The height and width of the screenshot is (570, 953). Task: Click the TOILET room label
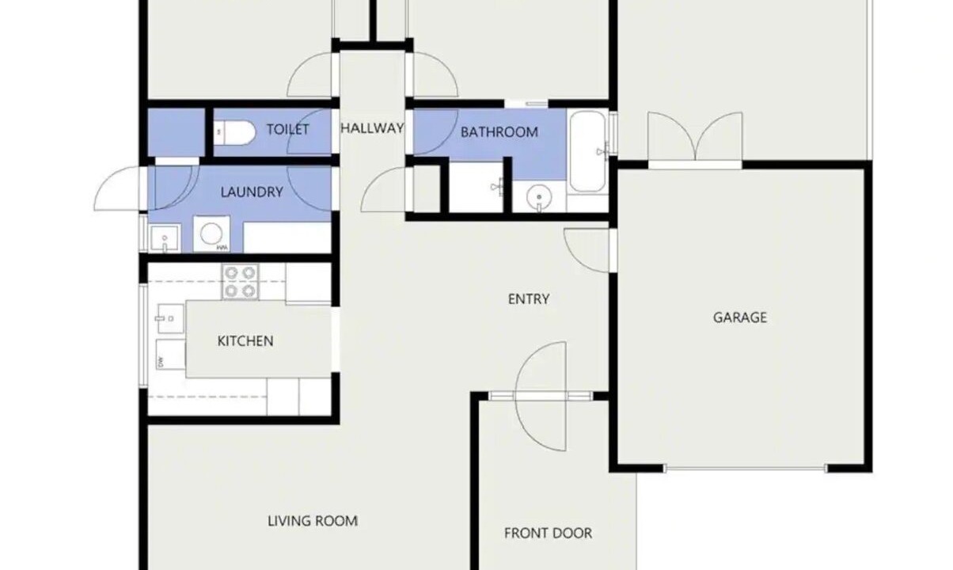287,129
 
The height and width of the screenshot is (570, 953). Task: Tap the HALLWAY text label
372,128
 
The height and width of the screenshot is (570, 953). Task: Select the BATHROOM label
499,132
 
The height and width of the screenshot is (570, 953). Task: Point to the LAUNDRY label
252,192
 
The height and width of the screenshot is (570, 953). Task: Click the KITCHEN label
245,340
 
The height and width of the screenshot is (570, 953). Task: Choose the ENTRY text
529,299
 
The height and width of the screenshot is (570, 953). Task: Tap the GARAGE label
740,317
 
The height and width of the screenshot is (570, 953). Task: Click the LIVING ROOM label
313,521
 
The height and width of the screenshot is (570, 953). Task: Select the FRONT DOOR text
548,533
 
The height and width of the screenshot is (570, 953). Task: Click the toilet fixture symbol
234,132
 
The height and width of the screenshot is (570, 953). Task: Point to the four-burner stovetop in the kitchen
240,282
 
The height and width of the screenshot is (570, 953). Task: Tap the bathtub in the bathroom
587,152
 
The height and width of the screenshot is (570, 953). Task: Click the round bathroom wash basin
540,197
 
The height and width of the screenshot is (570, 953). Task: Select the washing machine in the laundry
211,234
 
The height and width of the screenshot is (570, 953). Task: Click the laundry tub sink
165,238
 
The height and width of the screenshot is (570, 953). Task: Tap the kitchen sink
171,318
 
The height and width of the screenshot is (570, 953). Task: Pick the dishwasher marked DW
171,354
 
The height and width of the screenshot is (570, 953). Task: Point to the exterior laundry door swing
118,188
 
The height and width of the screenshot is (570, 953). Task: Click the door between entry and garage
587,250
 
